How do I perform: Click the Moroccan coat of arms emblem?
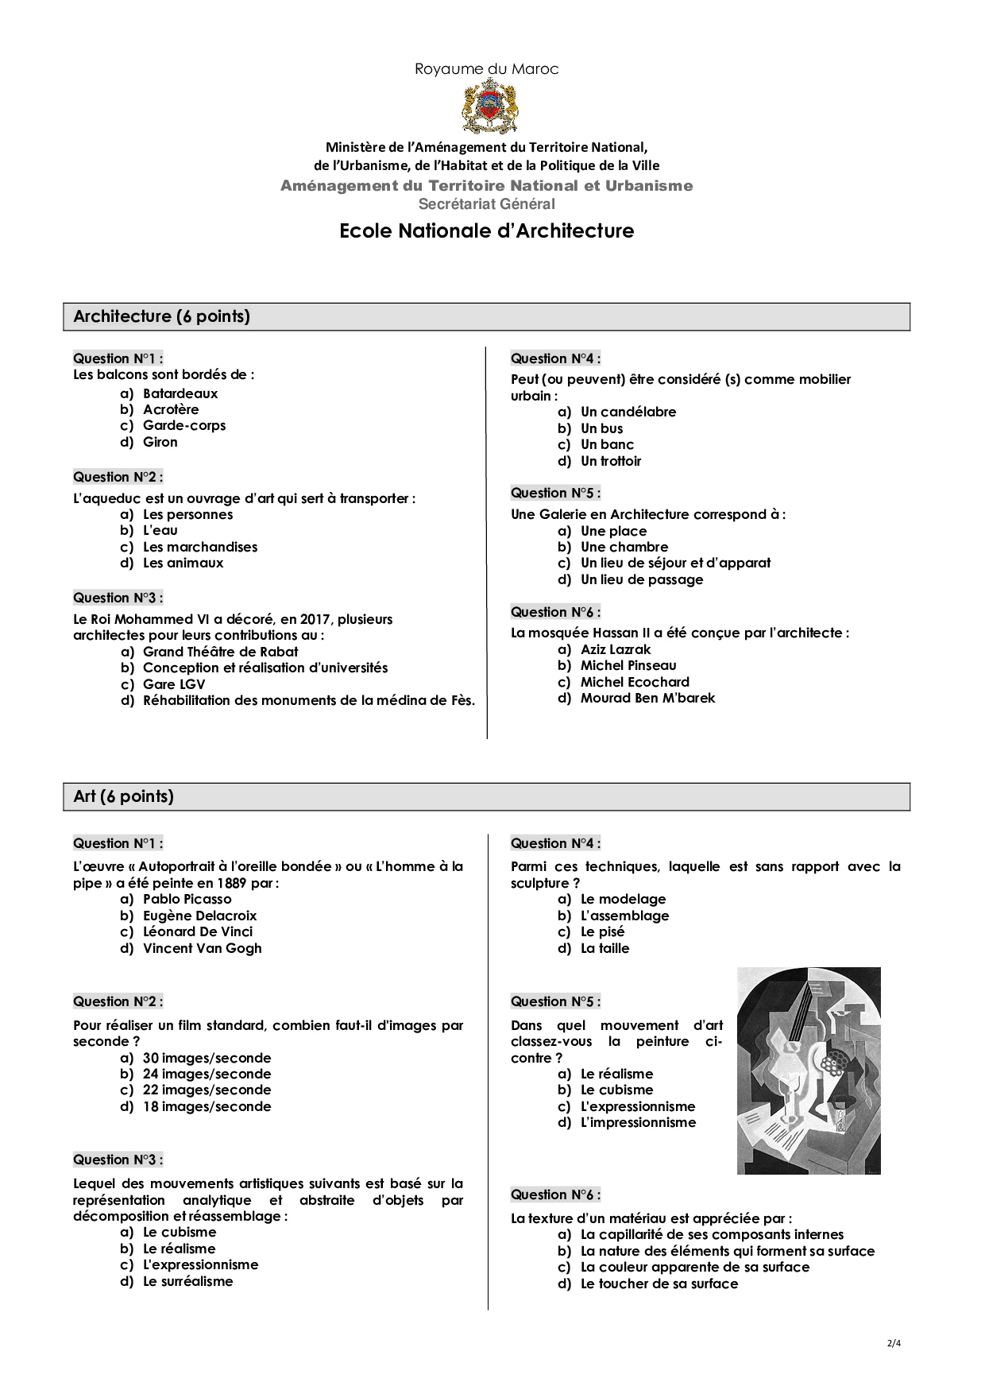(490, 106)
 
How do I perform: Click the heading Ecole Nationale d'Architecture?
(486, 231)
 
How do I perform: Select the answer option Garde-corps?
(184, 425)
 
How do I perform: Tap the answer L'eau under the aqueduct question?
(160, 530)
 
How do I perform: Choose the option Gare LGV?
(174, 684)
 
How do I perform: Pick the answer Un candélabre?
(628, 412)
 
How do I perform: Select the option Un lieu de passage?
(642, 579)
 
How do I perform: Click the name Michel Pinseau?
(628, 665)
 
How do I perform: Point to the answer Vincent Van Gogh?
(202, 948)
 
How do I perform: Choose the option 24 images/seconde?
(207, 1074)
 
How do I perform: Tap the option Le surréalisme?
(188, 1281)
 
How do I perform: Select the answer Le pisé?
(602, 931)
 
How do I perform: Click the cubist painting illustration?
(809, 1071)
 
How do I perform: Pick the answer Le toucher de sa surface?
(659, 1284)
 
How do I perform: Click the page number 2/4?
(894, 1343)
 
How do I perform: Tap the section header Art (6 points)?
(124, 796)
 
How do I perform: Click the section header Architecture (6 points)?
(162, 316)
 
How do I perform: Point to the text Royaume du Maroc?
(486, 69)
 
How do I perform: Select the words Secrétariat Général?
(486, 204)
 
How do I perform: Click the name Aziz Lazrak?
(616, 649)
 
